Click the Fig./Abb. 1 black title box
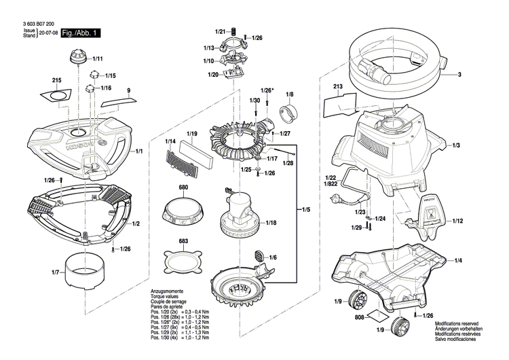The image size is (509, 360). [80, 33]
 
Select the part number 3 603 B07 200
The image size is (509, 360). [35, 24]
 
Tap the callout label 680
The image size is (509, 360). [183, 187]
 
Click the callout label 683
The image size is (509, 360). [183, 241]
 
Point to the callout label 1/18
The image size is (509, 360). [271, 223]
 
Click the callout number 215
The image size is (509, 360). [56, 81]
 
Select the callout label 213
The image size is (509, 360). [337, 88]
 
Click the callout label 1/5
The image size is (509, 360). [306, 210]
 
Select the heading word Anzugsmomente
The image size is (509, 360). [168, 291]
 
